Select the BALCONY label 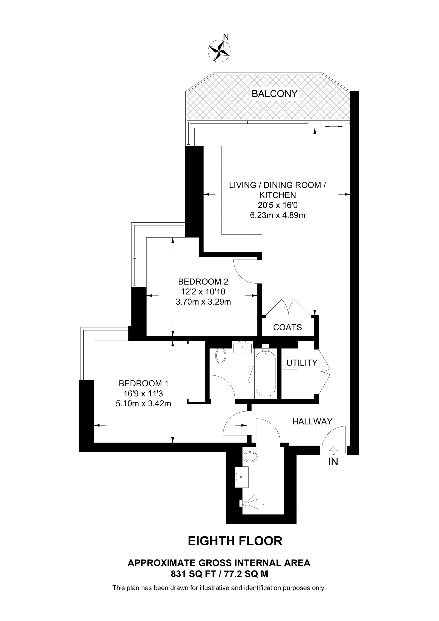(x=275, y=94)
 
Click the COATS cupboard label (x=287, y=327)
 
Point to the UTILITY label (x=302, y=363)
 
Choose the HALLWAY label (x=312, y=421)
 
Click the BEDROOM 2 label (x=203, y=282)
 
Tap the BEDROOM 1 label (x=144, y=383)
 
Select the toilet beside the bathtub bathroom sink (x=221, y=356)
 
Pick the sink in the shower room (x=241, y=478)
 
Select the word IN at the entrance (x=333, y=462)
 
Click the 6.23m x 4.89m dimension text (x=278, y=215)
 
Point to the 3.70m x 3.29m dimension (x=203, y=302)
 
